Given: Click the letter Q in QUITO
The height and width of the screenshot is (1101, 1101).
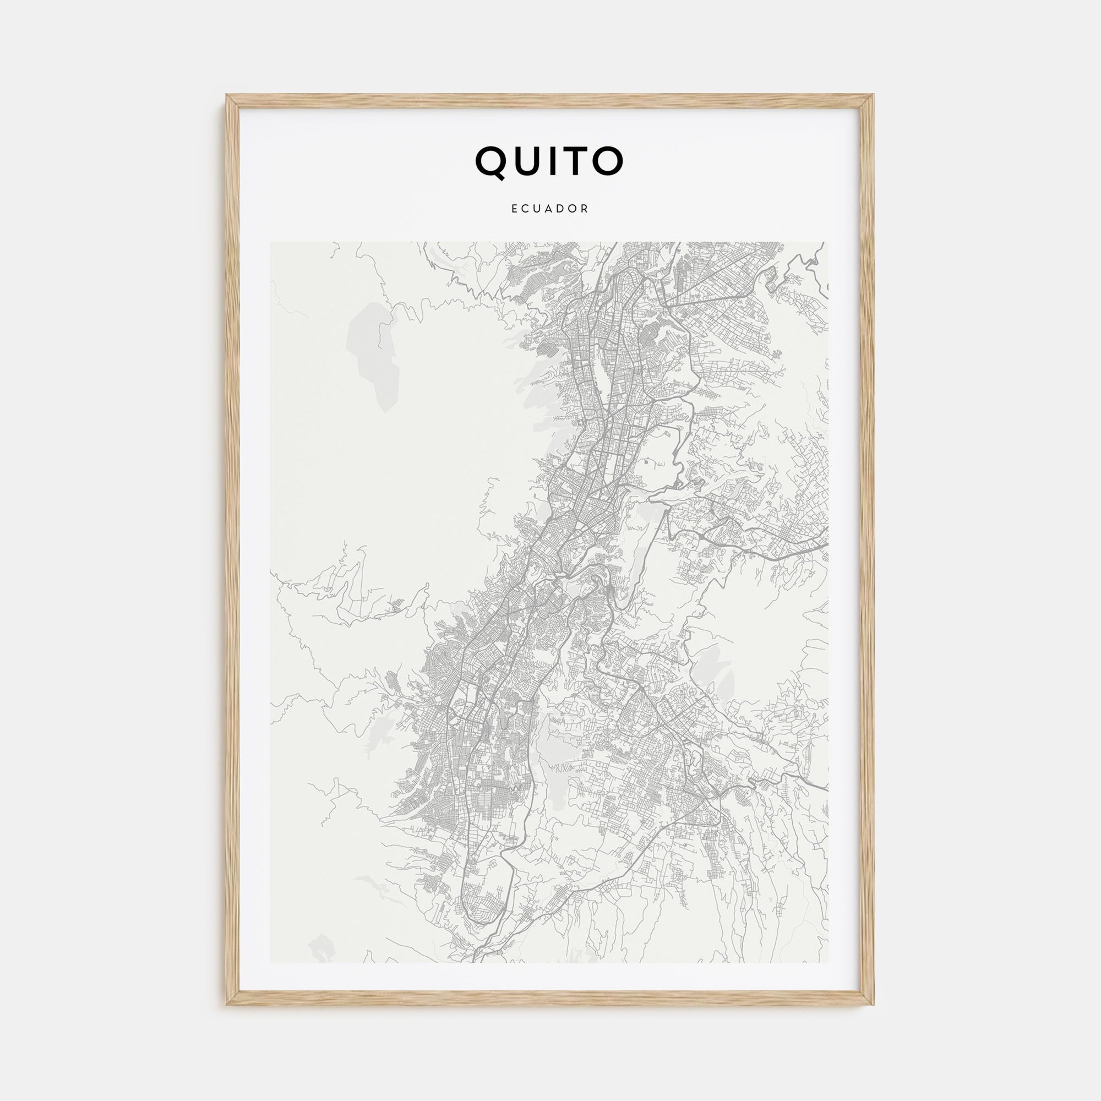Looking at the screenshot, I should (x=491, y=162).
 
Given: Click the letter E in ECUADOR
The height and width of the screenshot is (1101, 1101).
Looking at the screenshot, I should (x=515, y=209).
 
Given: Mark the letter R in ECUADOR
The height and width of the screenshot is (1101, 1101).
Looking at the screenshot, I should (x=585, y=209).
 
